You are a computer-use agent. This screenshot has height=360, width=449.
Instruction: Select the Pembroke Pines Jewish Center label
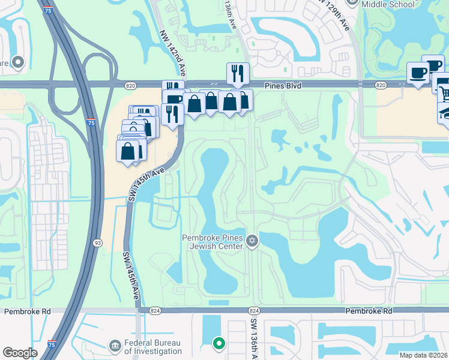(213, 241)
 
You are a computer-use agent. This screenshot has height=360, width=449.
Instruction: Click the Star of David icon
(252, 241)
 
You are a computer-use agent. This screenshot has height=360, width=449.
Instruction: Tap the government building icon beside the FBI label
(115, 346)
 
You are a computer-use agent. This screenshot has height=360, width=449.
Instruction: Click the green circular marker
(219, 343)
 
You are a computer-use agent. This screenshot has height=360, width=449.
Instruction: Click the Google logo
(20, 353)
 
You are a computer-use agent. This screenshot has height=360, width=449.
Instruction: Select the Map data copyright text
(423, 355)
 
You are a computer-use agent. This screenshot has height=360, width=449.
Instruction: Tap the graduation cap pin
(445, 114)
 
